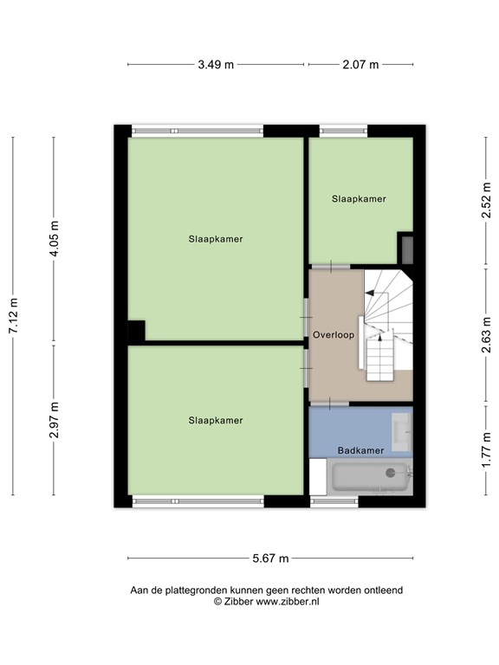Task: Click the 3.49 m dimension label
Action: pos(216,65)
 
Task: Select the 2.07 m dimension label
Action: pos(360,65)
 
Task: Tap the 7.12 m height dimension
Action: pos(14,315)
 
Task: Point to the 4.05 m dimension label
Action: pos(55,239)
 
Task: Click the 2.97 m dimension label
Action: pos(55,420)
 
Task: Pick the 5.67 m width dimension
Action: pos(270,558)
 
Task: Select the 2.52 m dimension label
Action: pos(486,200)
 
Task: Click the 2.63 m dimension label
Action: pos(486,335)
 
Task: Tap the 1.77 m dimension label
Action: pos(486,449)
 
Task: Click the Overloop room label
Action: pos(334,335)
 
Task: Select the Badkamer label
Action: pos(360,450)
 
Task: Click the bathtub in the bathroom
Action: pos(370,477)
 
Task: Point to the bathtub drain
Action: pos(390,473)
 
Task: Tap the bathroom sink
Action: pos(401,432)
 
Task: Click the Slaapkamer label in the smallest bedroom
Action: pos(359,199)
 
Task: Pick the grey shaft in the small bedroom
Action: pos(407,249)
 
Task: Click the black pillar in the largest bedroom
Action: pos(137,331)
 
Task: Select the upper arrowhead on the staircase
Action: pos(370,293)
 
